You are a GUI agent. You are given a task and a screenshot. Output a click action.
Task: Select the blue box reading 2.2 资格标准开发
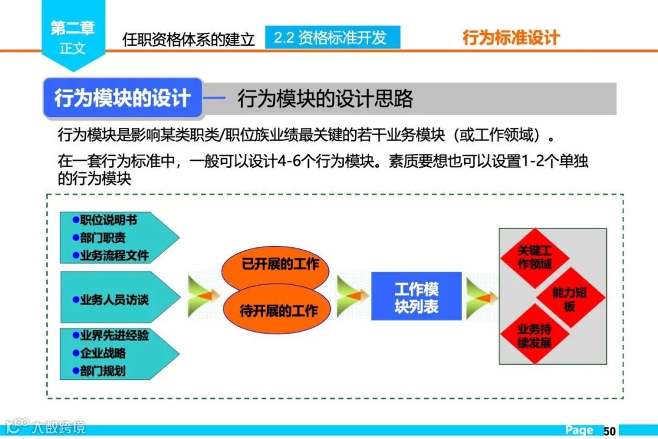point(332,37)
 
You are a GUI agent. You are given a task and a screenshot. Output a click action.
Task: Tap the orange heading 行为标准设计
point(511,38)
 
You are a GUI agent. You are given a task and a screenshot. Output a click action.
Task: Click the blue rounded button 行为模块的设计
point(122,98)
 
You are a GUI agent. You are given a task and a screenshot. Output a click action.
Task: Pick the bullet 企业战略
point(102,353)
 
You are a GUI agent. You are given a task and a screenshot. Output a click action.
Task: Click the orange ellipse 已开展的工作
point(280,264)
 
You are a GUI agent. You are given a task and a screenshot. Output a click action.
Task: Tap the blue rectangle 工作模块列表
point(416,297)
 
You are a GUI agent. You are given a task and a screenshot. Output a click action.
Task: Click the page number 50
point(610,430)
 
